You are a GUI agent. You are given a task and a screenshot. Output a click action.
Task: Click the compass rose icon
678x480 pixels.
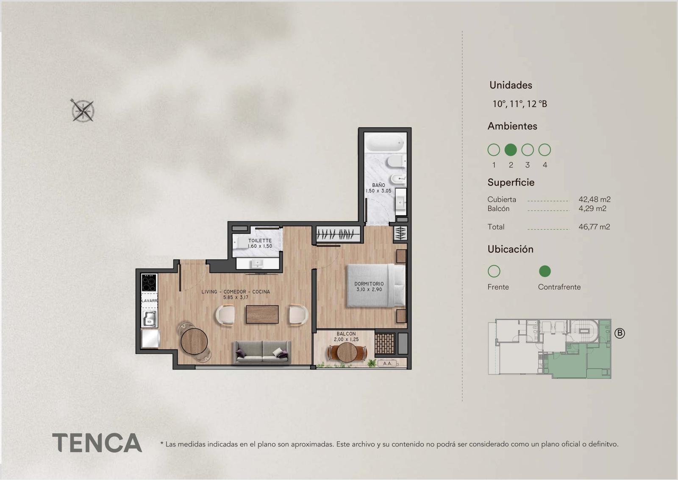pyautogui.click(x=82, y=110)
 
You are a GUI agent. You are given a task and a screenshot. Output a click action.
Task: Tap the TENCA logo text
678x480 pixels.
pyautogui.click(x=97, y=443)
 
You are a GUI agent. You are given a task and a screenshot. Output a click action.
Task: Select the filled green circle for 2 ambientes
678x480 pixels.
pyautogui.click(x=511, y=150)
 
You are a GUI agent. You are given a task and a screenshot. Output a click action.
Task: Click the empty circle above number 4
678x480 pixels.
pyautogui.click(x=545, y=150)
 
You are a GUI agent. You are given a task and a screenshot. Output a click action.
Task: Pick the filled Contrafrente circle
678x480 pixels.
pyautogui.click(x=545, y=271)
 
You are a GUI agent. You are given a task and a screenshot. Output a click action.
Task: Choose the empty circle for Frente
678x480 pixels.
pyautogui.click(x=494, y=271)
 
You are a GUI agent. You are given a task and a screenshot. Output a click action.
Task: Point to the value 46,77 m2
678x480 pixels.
pyautogui.click(x=594, y=227)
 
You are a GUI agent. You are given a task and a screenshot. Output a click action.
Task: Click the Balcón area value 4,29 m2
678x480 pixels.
pyautogui.click(x=592, y=208)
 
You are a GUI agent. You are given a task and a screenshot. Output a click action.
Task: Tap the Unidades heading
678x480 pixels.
pyautogui.click(x=511, y=85)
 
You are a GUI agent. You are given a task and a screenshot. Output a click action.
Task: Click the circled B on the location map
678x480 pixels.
pyautogui.click(x=620, y=333)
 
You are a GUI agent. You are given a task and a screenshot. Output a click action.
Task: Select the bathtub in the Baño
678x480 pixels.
pyautogui.click(x=385, y=142)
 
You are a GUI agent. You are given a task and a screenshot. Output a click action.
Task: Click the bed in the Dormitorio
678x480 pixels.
pyautogui.click(x=376, y=285)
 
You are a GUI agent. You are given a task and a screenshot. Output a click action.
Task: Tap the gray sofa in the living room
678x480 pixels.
pyautogui.click(x=262, y=352)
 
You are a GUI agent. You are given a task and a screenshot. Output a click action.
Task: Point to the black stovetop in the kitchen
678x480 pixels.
pyautogui.click(x=149, y=282)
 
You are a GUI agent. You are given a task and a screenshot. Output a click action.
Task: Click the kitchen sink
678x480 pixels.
pyautogui.click(x=150, y=319)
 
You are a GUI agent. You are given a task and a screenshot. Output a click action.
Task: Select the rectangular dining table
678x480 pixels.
pyautogui.click(x=262, y=314)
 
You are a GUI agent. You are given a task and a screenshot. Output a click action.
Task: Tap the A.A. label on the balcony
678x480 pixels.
pyautogui.click(x=387, y=363)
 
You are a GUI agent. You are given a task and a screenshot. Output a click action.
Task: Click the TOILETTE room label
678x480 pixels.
pyautogui.click(x=260, y=240)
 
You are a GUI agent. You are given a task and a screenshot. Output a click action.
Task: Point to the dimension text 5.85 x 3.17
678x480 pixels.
pyautogui.click(x=236, y=297)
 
